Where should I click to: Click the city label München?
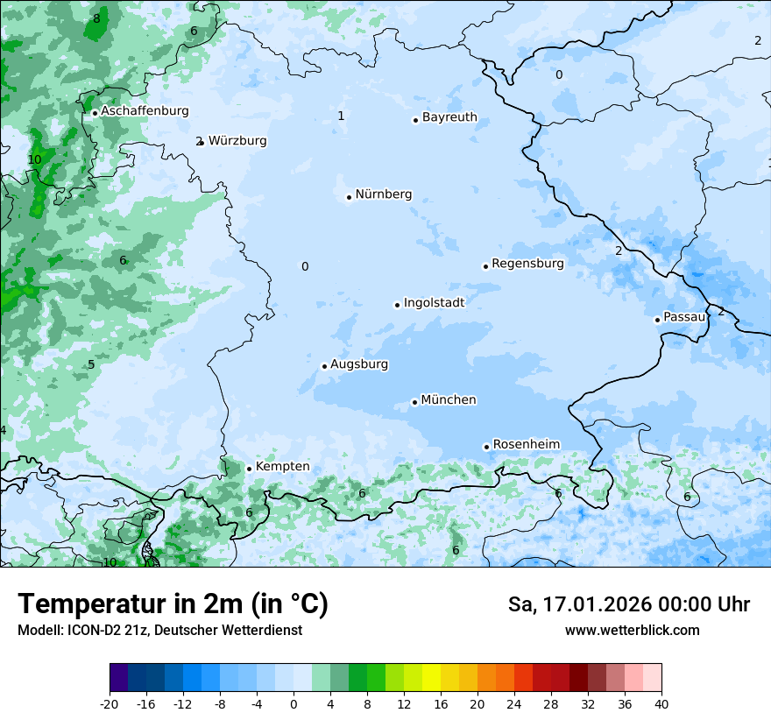[449, 400]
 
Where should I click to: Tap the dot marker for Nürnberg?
[349, 197]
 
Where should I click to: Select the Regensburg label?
[527, 264]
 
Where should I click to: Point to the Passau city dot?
[657, 320]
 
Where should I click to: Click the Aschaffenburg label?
[145, 111]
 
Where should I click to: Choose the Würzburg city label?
[237, 141]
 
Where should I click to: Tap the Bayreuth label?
[449, 117]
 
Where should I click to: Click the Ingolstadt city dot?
[397, 305]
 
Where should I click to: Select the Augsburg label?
[359, 364]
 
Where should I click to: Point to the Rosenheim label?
[526, 445]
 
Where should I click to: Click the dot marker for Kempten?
[249, 469]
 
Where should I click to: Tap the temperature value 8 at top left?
[96, 18]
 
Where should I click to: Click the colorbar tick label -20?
[110, 704]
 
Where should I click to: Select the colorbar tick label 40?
[661, 704]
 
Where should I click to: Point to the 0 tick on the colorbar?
[294, 704]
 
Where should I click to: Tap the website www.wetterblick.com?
[632, 630]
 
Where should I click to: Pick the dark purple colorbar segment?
[119, 678]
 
